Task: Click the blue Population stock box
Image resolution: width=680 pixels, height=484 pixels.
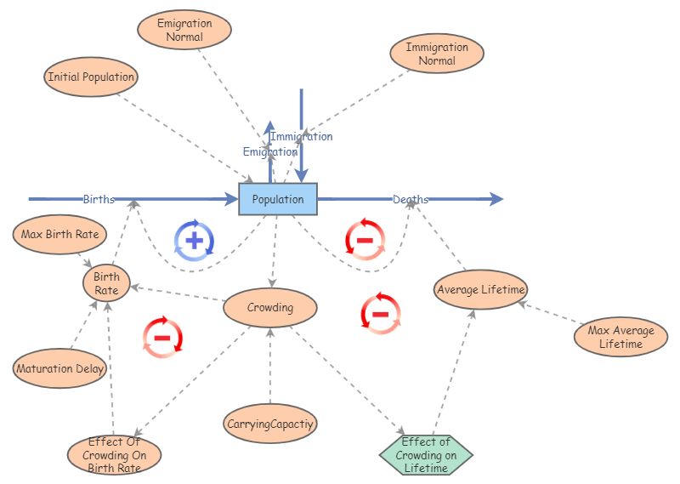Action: (277, 199)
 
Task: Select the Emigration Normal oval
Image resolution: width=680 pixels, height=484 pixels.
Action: (184, 30)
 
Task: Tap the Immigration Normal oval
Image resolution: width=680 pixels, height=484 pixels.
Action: (437, 54)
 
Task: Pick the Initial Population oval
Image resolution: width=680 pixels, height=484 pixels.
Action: (91, 77)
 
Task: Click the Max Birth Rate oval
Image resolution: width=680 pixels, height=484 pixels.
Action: (60, 234)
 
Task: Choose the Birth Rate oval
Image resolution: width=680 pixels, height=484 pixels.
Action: (106, 283)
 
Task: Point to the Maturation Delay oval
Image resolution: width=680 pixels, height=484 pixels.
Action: (60, 369)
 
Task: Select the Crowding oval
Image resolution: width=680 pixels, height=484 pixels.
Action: (270, 307)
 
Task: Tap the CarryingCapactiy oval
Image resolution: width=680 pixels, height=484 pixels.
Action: (270, 423)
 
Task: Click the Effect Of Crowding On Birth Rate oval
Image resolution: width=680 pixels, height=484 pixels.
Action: (115, 455)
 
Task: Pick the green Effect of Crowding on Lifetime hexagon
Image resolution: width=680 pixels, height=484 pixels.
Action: (425, 454)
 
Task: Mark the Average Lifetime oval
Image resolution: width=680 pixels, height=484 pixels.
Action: (481, 289)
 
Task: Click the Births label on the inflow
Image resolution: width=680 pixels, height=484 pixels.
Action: (99, 200)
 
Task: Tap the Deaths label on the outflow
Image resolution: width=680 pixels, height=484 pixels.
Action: (411, 200)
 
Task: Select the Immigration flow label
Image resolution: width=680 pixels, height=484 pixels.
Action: (302, 136)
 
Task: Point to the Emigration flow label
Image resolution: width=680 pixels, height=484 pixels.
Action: (269, 152)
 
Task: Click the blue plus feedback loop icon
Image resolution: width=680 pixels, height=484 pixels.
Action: (195, 240)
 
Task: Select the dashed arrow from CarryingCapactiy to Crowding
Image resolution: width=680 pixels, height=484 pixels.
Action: (270, 366)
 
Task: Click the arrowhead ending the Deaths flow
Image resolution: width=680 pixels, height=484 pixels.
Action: (496, 199)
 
